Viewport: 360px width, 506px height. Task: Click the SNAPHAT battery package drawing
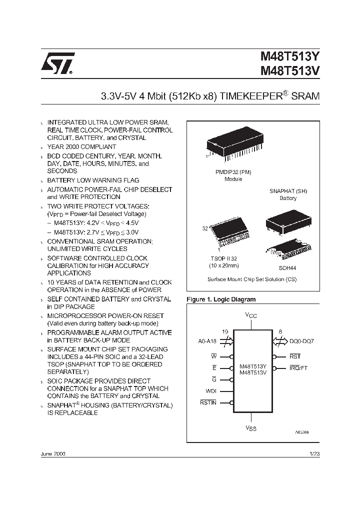click(x=284, y=220)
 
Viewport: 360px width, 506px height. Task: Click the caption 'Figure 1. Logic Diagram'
click(x=220, y=299)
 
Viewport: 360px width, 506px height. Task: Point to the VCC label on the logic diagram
click(x=251, y=315)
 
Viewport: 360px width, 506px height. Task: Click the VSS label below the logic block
click(x=251, y=428)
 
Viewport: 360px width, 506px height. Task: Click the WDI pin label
click(x=210, y=391)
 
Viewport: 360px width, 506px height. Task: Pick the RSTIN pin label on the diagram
click(x=208, y=402)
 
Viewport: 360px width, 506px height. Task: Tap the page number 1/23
click(x=314, y=454)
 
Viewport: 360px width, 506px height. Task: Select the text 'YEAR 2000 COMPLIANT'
click(x=81, y=147)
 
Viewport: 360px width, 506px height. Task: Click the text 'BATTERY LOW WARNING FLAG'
click(x=93, y=180)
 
